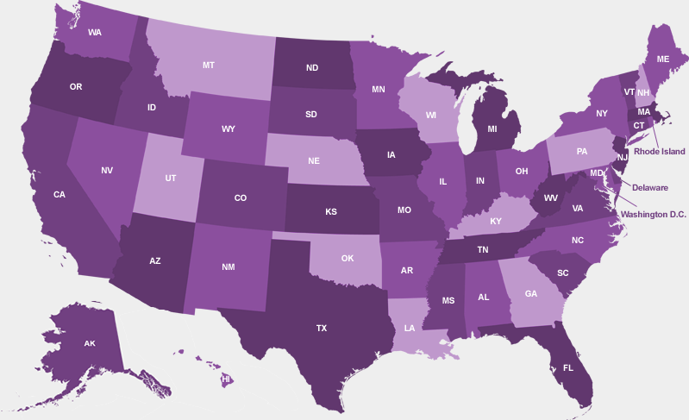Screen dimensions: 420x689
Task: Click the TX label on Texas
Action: tap(322, 328)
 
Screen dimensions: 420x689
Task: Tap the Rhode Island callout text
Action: tap(661, 151)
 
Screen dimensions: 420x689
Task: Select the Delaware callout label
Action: tap(649, 187)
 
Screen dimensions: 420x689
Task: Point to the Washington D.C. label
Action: tap(653, 214)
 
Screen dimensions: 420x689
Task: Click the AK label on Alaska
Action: tap(90, 343)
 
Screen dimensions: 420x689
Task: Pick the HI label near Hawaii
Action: tap(226, 379)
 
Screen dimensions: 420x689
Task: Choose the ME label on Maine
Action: tap(662, 59)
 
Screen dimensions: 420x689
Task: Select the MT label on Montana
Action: tap(209, 65)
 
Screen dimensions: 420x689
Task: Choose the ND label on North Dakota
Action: tap(312, 67)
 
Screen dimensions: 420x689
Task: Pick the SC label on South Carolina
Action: tap(562, 273)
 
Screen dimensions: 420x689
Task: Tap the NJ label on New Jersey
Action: tap(622, 157)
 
